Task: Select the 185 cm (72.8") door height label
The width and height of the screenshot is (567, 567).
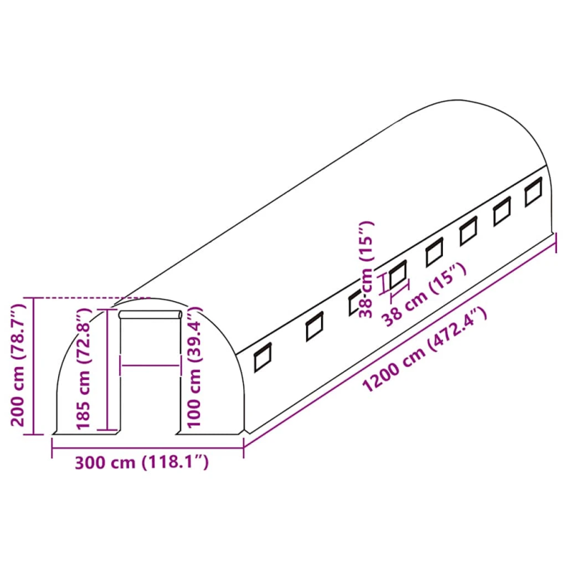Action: tap(84, 369)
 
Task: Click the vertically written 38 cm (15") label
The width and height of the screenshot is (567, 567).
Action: tap(366, 269)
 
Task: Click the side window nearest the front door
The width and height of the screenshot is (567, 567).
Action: tap(263, 357)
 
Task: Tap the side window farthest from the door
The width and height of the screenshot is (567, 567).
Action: tap(534, 193)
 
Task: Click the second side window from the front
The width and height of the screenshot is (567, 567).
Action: tap(313, 327)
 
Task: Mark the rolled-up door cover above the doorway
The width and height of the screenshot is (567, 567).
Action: tap(150, 314)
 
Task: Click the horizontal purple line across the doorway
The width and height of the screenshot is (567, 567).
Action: tap(150, 366)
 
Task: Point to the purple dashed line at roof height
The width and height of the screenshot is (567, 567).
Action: tap(85, 298)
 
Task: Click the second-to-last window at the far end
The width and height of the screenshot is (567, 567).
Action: tap(503, 211)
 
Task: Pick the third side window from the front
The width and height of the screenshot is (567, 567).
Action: tap(357, 303)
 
